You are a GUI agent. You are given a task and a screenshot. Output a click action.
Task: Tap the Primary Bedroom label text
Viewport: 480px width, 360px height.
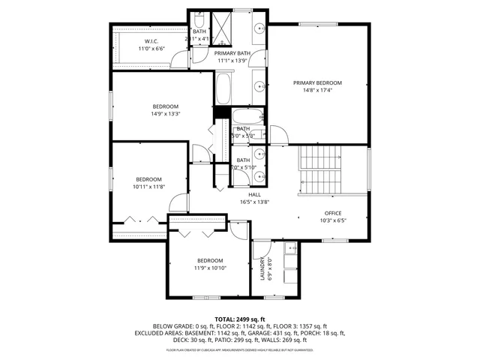[x=317, y=82]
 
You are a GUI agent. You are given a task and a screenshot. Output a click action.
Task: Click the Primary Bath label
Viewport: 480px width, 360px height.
[x=232, y=54]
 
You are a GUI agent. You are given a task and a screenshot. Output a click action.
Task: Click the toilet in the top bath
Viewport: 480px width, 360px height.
[x=200, y=19]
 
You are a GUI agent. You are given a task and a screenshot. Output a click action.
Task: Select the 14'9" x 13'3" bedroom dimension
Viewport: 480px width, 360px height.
[x=165, y=113]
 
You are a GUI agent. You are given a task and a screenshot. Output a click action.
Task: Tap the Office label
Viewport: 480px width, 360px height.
[x=332, y=213]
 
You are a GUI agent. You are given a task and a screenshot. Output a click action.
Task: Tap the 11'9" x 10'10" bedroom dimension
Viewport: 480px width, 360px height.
[x=210, y=268]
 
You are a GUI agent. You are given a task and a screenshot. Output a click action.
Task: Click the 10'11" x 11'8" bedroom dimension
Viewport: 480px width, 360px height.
[x=149, y=187]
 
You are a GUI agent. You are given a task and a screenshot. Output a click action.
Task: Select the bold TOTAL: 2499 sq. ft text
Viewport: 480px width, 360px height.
[x=239, y=319]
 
